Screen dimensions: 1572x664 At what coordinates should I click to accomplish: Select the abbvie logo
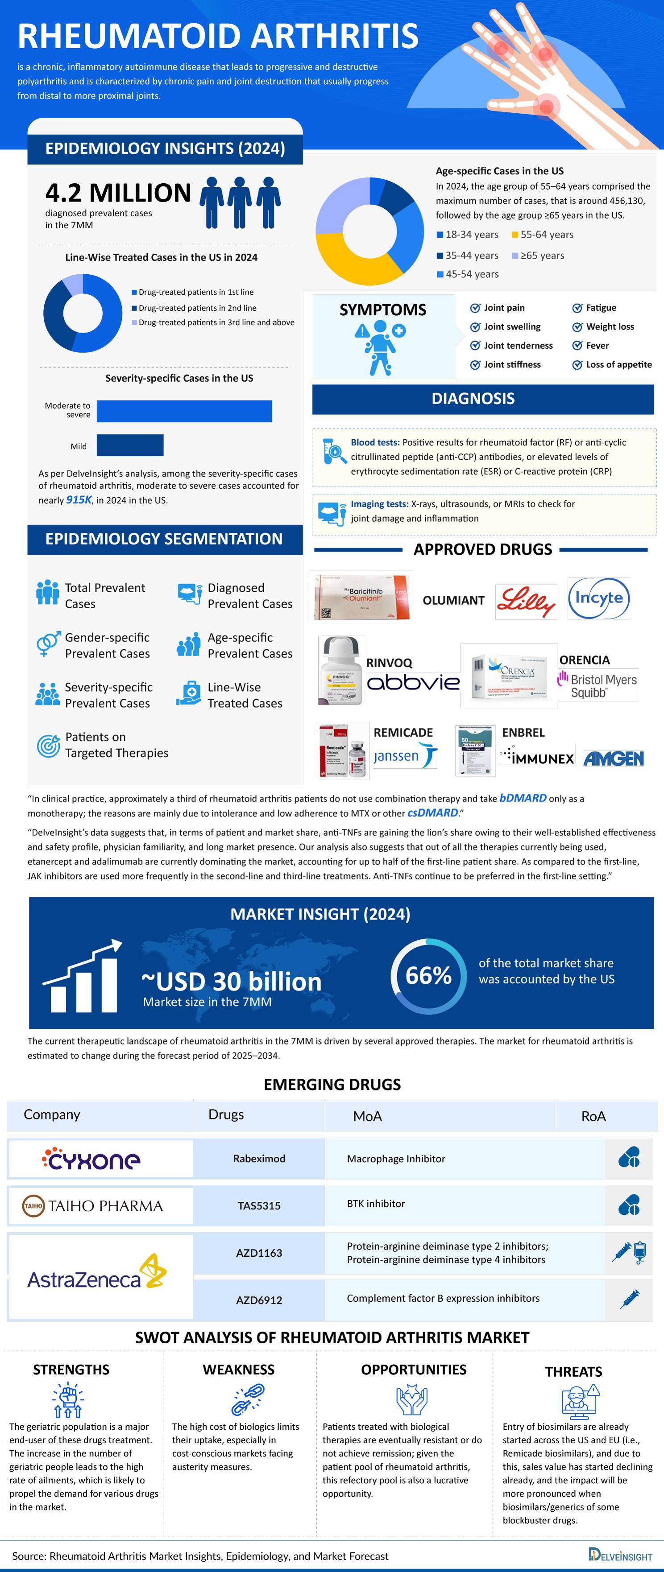[413, 682]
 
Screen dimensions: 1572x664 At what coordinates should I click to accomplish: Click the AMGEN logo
[613, 759]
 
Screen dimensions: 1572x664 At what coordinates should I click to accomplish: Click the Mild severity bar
[130, 446]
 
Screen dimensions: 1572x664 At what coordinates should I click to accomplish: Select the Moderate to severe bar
[184, 411]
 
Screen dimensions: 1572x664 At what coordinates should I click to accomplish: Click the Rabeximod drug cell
[259, 1158]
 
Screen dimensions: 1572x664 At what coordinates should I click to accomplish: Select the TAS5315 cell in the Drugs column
[259, 1205]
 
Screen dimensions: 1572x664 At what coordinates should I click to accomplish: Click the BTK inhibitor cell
[376, 1203]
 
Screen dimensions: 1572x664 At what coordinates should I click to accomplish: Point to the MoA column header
[367, 1116]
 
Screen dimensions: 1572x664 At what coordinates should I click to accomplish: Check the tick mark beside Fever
[577, 346]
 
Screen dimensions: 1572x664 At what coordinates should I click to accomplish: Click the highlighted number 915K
[79, 500]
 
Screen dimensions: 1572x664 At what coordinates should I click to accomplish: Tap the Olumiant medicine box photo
[361, 596]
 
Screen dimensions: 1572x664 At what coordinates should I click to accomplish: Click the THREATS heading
[573, 1371]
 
